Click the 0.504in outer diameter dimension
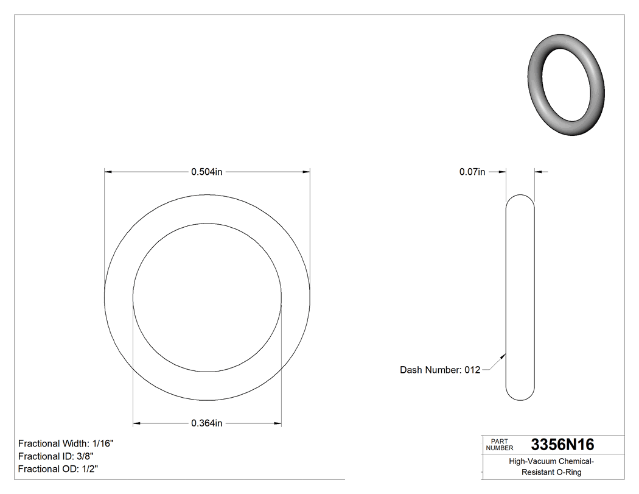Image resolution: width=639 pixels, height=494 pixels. [x=207, y=172]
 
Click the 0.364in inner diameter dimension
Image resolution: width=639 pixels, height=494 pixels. [x=207, y=423]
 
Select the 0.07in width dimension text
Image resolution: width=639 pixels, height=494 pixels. [x=472, y=172]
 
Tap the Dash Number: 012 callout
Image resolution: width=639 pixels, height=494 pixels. [x=439, y=370]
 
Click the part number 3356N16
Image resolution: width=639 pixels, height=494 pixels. [x=562, y=444]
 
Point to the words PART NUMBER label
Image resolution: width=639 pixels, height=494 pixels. [x=498, y=445]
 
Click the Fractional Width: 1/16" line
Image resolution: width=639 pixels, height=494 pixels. [x=66, y=443]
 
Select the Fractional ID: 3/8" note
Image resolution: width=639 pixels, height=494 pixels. [x=55, y=456]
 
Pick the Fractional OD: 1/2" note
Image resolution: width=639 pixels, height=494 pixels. [x=58, y=469]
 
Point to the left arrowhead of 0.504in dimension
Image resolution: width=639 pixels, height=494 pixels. [x=108, y=172]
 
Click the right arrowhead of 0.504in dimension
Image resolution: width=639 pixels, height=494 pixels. [x=307, y=172]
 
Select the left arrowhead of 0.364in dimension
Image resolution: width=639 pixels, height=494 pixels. [x=137, y=423]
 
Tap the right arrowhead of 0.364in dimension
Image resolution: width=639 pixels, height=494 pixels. [x=278, y=423]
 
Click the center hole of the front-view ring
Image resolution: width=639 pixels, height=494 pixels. [x=207, y=297]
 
